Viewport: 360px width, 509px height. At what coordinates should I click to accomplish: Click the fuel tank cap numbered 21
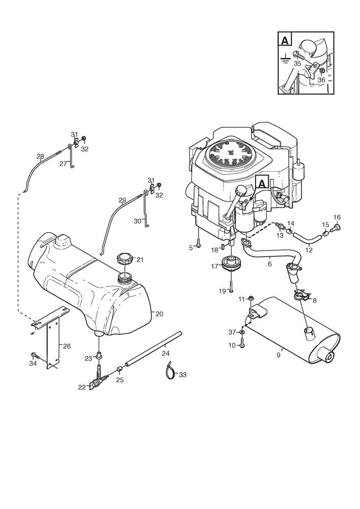click(124, 258)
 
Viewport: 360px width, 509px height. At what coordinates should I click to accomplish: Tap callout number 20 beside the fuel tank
click(159, 314)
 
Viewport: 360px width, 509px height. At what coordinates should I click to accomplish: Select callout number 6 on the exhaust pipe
click(269, 264)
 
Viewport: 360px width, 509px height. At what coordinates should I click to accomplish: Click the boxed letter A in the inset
click(286, 39)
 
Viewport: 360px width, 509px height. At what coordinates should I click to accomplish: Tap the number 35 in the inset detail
click(297, 63)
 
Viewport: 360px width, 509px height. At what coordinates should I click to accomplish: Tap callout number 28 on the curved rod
click(40, 156)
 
